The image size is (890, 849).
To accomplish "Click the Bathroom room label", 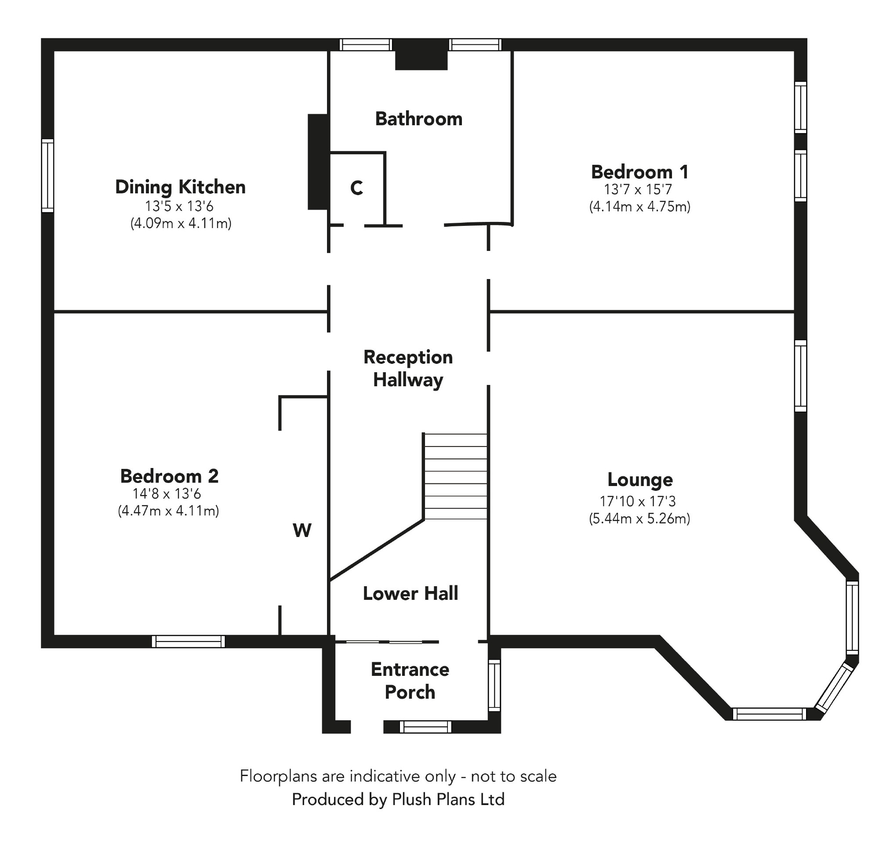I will (x=418, y=119).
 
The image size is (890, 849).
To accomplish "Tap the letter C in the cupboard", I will (x=356, y=188).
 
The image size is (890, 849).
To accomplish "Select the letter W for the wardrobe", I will (x=302, y=530).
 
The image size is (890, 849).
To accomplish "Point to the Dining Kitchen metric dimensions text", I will (x=181, y=224).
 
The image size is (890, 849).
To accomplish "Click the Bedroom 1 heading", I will (x=639, y=172).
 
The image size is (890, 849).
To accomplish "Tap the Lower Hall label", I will (x=410, y=593).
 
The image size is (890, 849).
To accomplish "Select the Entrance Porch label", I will (x=410, y=681).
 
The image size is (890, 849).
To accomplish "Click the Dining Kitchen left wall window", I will (x=47, y=176).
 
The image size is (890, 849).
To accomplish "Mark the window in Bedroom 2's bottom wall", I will (x=188, y=641).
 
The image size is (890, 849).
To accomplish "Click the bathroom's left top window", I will (x=365, y=44).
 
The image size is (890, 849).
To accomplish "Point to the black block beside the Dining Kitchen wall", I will (x=318, y=162).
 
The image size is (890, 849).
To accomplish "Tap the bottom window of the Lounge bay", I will (x=769, y=715).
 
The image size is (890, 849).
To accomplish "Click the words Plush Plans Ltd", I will (x=448, y=800).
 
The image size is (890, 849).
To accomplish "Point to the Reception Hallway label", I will (x=408, y=368).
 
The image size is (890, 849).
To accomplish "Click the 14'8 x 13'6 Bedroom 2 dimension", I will (x=167, y=494).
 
